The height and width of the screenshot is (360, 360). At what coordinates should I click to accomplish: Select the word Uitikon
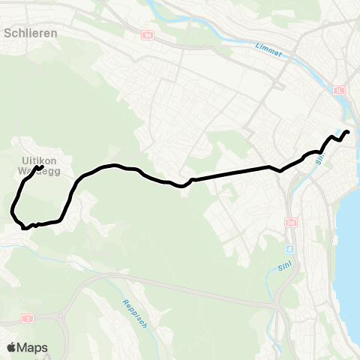pyautogui.click(x=37, y=159)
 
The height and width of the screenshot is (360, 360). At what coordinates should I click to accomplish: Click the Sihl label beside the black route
pyautogui.click(x=319, y=159)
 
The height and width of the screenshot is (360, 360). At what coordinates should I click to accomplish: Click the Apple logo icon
pyautogui.click(x=12, y=347)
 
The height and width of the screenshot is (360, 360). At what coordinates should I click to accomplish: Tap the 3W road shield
pyautogui.click(x=291, y=223)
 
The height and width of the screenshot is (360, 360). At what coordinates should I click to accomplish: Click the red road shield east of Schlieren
pyautogui.click(x=147, y=35)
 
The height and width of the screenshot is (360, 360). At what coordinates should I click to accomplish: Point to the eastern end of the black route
pyautogui.click(x=348, y=133)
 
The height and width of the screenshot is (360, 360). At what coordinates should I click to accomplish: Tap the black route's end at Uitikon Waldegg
pyautogui.click(x=40, y=146)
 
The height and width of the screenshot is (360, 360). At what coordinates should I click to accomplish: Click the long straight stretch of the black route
pyautogui.click(x=232, y=172)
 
